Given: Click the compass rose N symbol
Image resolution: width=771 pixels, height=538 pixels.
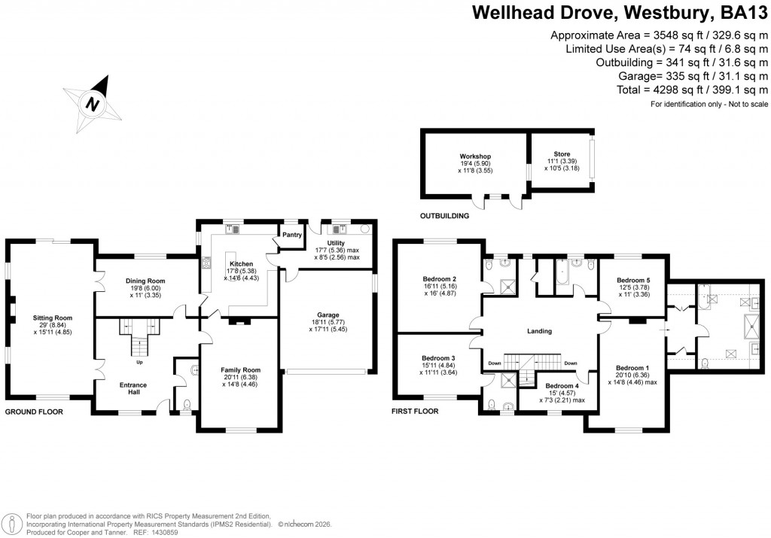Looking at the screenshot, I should pyautogui.click(x=93, y=104).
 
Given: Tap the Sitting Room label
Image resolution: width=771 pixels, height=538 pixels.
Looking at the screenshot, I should pyautogui.click(x=52, y=318).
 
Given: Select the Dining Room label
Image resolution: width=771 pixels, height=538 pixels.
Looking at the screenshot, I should pyautogui.click(x=145, y=281).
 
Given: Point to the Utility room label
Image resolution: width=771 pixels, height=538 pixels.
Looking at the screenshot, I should pyautogui.click(x=337, y=242).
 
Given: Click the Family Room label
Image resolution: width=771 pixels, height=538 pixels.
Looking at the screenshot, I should pyautogui.click(x=240, y=370).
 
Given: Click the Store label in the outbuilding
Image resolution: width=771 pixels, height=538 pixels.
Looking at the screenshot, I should pyautogui.click(x=561, y=153).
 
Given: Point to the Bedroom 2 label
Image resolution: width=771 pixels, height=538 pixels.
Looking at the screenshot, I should pyautogui.click(x=440, y=278).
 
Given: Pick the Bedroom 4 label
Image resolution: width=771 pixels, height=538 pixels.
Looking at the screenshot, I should pyautogui.click(x=562, y=386).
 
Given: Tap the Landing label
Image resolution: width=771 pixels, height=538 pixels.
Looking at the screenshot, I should pyautogui.click(x=540, y=331).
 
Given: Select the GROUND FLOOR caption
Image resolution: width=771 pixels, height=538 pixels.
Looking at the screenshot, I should pyautogui.click(x=34, y=412).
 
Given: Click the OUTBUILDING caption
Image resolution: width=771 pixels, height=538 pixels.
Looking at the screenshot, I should pyautogui.click(x=445, y=215).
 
